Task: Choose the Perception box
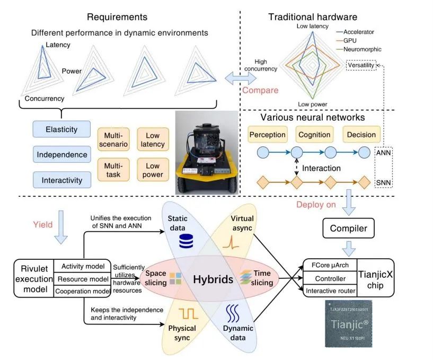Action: (x=267, y=134)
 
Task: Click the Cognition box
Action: (x=314, y=134)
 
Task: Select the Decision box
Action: (x=361, y=134)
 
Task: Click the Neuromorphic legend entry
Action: (x=361, y=49)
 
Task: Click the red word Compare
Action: (x=260, y=90)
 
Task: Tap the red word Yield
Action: (x=41, y=224)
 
